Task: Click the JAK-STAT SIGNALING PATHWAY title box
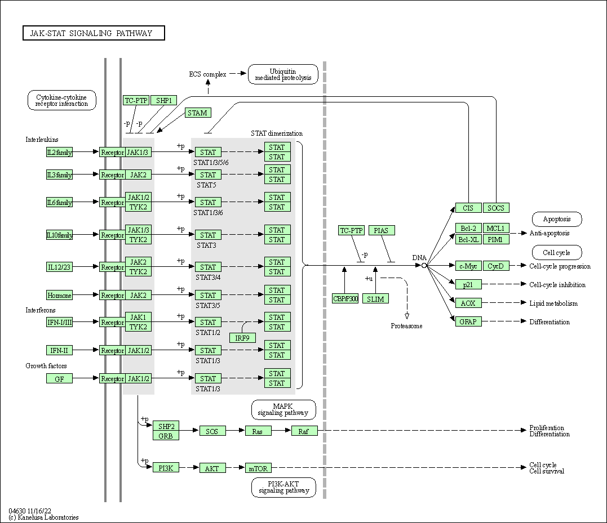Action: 94,33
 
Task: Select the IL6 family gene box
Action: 59,203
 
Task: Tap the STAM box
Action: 197,113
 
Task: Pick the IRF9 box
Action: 243,338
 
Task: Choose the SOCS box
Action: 496,208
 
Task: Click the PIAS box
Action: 382,230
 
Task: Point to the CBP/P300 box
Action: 345,299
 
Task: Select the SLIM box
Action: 375,299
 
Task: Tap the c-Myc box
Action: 468,266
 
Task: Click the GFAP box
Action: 468,322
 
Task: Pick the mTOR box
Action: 258,468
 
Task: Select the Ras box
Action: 258,431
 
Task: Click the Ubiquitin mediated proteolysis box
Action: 283,74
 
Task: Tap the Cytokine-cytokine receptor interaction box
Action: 61,100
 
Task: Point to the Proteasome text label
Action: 406,326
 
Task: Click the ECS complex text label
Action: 207,74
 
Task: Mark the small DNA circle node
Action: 424,265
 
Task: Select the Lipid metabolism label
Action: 553,303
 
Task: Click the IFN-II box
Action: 59,351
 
